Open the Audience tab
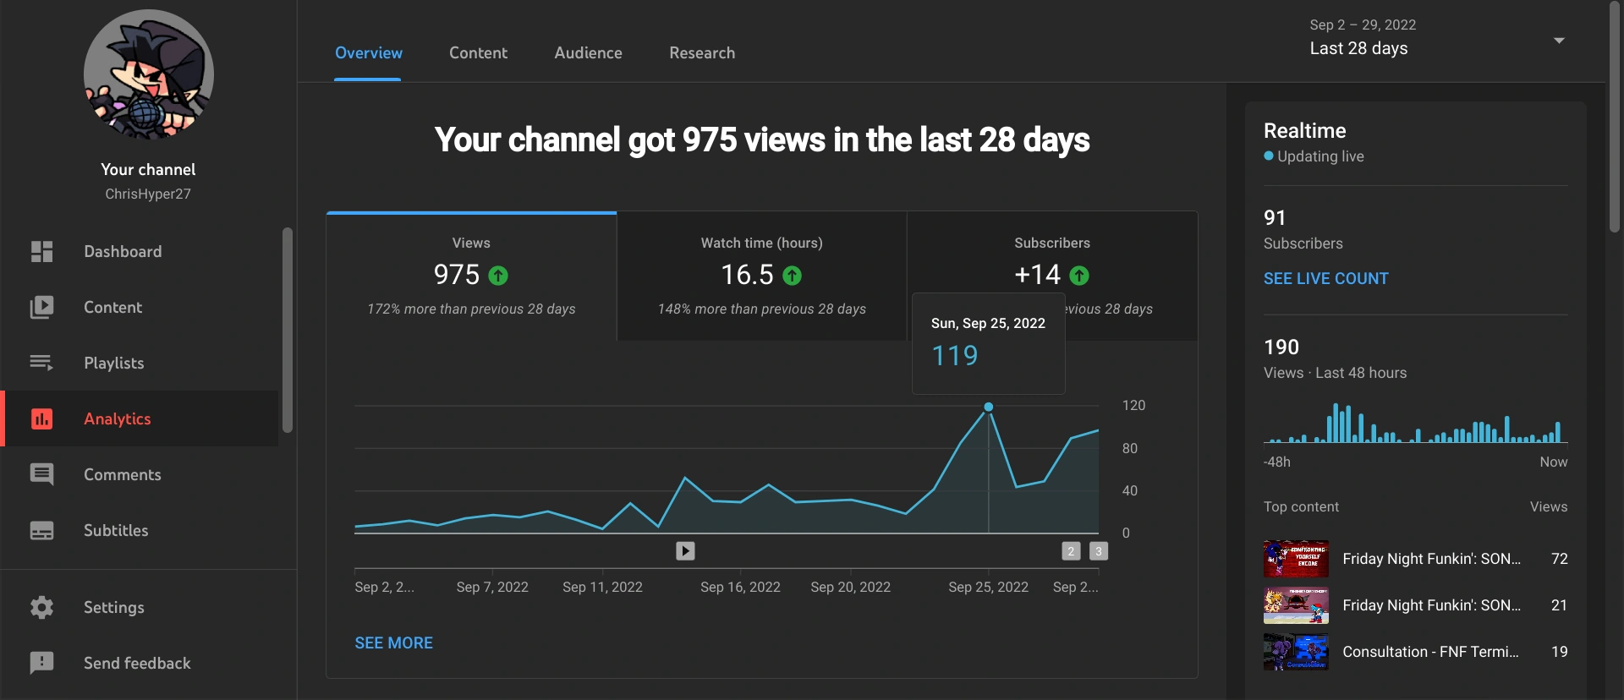click(x=588, y=52)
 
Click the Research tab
click(x=701, y=52)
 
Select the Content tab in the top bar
click(x=478, y=52)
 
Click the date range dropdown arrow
click(x=1558, y=40)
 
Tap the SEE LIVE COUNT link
click(x=1325, y=278)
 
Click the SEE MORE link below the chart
click(x=393, y=643)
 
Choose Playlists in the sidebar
click(x=113, y=363)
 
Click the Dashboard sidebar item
click(x=122, y=251)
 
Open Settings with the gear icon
click(x=41, y=607)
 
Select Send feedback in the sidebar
click(x=136, y=663)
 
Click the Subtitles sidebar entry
click(x=115, y=530)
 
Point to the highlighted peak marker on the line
click(x=988, y=407)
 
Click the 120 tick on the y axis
click(x=1133, y=405)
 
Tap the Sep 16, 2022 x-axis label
click(x=740, y=587)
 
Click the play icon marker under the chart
click(x=685, y=551)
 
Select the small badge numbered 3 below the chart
click(x=1098, y=551)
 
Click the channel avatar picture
click(x=148, y=74)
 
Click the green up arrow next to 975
click(x=498, y=276)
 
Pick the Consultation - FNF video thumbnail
click(x=1295, y=652)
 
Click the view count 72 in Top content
click(x=1559, y=559)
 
